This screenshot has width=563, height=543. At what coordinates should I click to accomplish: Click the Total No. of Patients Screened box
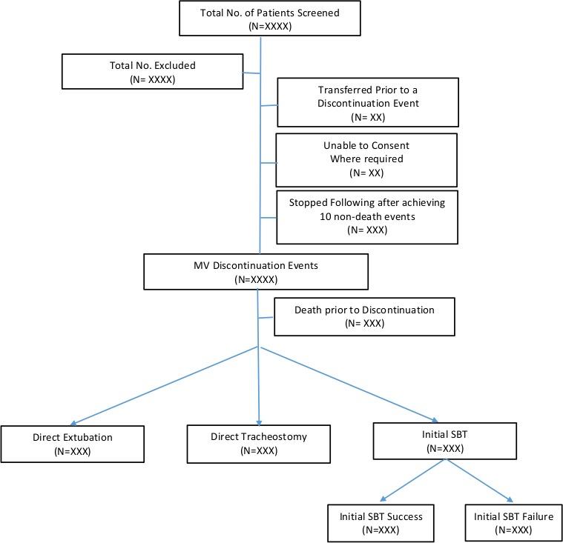[270, 19]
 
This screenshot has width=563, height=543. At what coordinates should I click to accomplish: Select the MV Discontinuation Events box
[255, 271]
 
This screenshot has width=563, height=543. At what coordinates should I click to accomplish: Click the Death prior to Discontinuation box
[364, 316]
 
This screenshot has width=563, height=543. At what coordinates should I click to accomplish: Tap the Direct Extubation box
[73, 444]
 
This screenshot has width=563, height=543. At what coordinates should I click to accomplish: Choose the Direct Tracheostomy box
[258, 443]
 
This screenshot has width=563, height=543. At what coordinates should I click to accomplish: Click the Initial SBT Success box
[381, 522]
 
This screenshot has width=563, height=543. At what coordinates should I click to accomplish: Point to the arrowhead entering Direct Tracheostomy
[259, 420]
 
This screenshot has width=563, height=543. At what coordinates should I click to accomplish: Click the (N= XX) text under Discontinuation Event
[367, 116]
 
